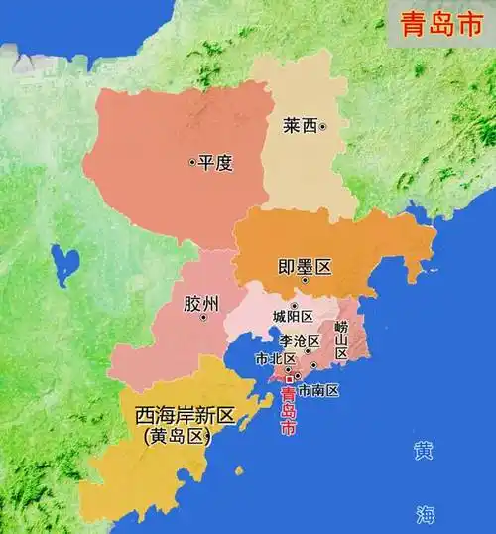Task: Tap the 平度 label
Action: tap(216, 162)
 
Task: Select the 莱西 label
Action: tap(299, 126)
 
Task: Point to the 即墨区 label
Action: tap(304, 263)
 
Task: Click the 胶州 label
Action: tap(201, 301)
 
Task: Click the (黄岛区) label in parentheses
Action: tap(179, 436)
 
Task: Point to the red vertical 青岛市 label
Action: tap(289, 411)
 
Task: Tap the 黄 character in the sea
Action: tap(425, 451)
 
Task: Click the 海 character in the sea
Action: tap(425, 513)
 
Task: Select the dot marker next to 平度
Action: tap(192, 162)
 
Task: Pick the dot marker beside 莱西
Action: tap(322, 126)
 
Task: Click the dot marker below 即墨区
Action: tap(305, 281)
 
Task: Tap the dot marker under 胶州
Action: tap(203, 318)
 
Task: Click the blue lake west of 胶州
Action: tap(66, 265)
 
